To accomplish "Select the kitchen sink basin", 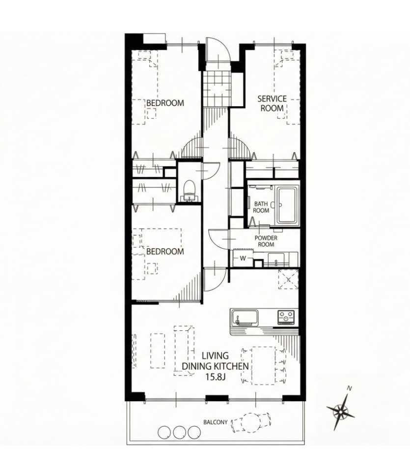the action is click(x=245, y=318).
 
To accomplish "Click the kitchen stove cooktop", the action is click(x=286, y=317).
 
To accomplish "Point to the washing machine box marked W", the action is click(x=243, y=258).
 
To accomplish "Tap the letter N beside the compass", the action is click(x=349, y=388).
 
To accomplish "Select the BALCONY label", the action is click(x=216, y=422).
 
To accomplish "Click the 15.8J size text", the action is click(x=216, y=376).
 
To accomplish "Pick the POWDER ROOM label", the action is click(x=266, y=241).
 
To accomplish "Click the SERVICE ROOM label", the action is click(x=272, y=103).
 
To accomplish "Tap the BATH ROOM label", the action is click(x=261, y=207).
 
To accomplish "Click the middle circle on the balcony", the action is click(x=179, y=432).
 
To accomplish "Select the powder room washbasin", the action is click(x=276, y=259).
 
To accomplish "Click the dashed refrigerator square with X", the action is click(x=288, y=280).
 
